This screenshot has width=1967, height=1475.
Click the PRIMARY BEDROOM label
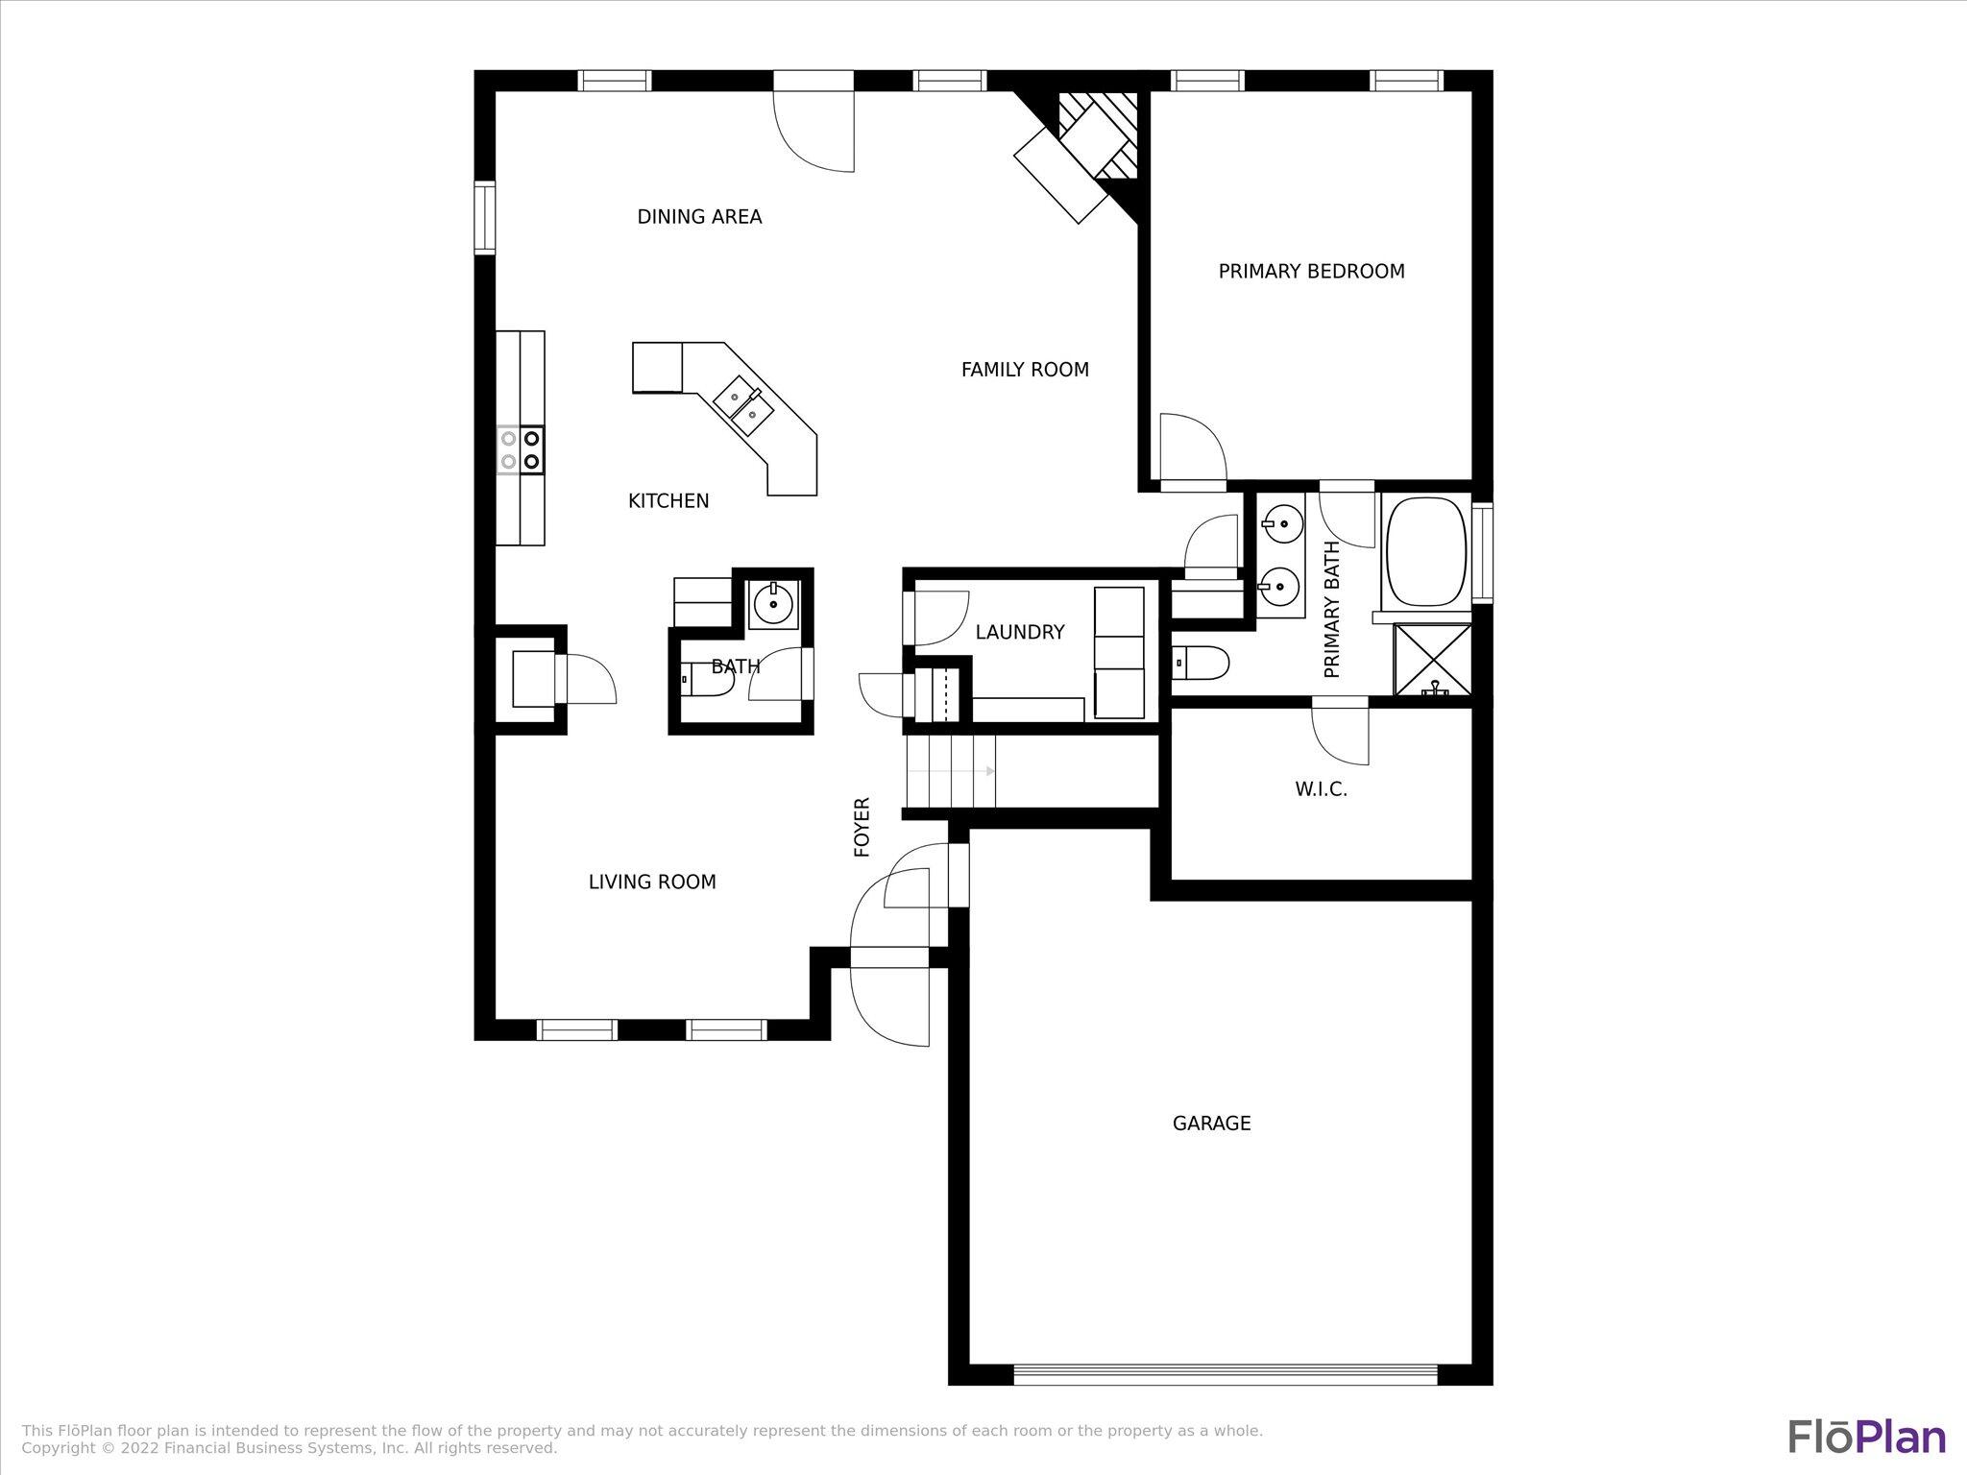click(1311, 272)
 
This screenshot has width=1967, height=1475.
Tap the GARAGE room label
click(1211, 1124)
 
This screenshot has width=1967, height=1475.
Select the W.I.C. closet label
click(1321, 789)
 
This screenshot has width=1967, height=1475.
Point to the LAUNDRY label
click(1019, 632)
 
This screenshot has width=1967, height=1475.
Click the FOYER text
click(862, 827)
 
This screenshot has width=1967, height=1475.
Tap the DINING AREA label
click(699, 217)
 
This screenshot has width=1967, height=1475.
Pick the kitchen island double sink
click(744, 406)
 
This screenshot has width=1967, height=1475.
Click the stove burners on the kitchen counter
click(520, 449)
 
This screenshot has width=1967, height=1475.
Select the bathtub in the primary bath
click(1424, 551)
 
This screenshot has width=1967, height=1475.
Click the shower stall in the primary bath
click(1432, 659)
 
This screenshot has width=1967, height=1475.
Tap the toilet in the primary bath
click(1201, 663)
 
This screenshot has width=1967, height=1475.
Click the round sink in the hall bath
click(773, 604)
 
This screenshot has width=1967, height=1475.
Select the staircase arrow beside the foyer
click(951, 771)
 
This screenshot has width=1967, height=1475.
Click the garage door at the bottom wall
click(1226, 1374)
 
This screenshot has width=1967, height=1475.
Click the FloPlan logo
click(1866, 1438)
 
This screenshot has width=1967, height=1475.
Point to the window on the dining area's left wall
click(484, 217)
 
